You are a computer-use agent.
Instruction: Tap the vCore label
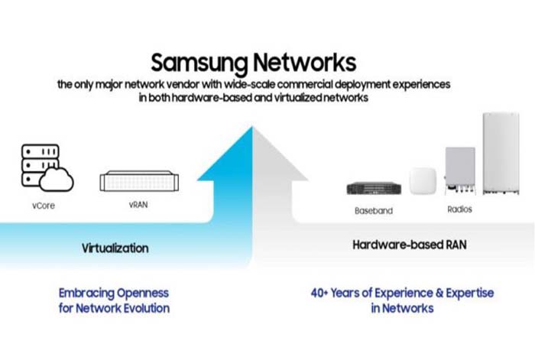tap(44, 206)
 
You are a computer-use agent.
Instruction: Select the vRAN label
tap(138, 206)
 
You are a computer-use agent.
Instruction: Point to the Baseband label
tap(372, 209)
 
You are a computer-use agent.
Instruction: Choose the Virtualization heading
tap(115, 248)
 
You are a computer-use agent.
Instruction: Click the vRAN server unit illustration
tap(139, 182)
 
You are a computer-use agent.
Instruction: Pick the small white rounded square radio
tap(423, 181)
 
